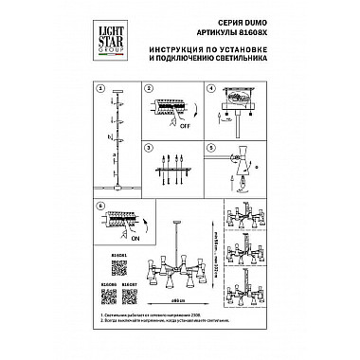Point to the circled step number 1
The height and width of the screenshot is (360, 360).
click(99, 89)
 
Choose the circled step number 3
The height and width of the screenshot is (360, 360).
click(147, 146)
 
